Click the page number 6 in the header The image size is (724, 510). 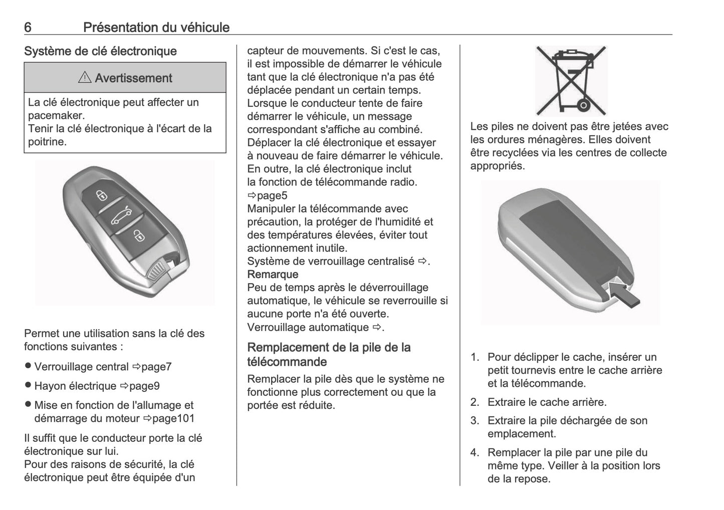[x=28, y=28]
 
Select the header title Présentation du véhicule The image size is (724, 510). [x=156, y=28]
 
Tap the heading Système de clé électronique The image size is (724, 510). [x=100, y=51]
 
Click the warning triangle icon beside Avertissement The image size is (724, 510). [x=85, y=78]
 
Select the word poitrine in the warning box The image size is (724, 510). [x=47, y=142]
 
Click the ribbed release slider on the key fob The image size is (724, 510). [x=158, y=271]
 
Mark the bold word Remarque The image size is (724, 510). [x=273, y=275]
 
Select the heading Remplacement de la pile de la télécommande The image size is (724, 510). [x=329, y=354]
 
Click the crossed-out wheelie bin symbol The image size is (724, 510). [x=571, y=80]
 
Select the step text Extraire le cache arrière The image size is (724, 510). [x=547, y=402]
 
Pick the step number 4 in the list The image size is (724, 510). [x=474, y=453]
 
